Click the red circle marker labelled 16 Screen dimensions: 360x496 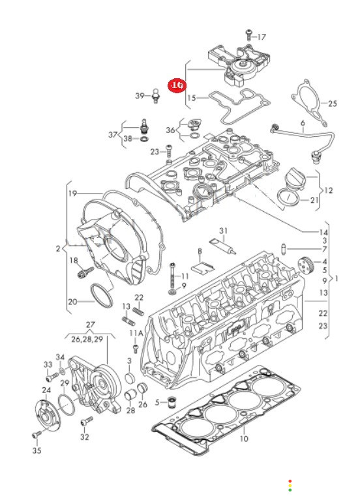177,85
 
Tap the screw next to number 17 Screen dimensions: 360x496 249,35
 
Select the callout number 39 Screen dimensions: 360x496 140,96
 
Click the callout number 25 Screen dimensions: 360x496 333,104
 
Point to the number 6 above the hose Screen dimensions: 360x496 303,123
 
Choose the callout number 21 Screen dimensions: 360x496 314,200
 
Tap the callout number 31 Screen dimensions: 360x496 224,231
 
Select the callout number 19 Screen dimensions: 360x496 73,193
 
